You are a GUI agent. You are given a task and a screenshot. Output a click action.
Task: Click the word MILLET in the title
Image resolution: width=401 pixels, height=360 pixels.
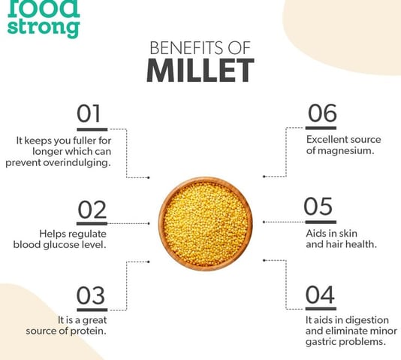(200, 71)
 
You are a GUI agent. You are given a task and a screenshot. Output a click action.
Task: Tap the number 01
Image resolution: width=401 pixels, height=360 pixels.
(89, 113)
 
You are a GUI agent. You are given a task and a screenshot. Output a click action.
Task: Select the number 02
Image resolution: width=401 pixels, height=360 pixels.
(92, 209)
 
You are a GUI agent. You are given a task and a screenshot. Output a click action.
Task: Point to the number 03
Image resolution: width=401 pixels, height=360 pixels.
(91, 295)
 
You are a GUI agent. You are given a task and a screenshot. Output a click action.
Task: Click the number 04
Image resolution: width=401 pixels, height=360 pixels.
(320, 295)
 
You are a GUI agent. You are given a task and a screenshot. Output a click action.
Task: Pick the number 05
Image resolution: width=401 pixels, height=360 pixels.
(318, 206)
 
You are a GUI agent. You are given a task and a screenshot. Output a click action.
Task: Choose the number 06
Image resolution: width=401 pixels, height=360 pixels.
(322, 113)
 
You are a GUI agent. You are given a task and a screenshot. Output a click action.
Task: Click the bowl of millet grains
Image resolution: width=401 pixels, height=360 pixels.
(205, 224)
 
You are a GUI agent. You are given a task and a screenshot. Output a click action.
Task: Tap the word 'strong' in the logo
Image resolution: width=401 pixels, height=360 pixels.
(44, 28)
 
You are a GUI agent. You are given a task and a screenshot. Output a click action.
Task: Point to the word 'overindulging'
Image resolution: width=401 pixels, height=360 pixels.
(77, 163)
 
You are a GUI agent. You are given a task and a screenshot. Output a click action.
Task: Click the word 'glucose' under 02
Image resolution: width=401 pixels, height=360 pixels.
(61, 245)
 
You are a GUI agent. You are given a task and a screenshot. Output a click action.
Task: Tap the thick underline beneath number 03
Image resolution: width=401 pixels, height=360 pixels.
(92, 310)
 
